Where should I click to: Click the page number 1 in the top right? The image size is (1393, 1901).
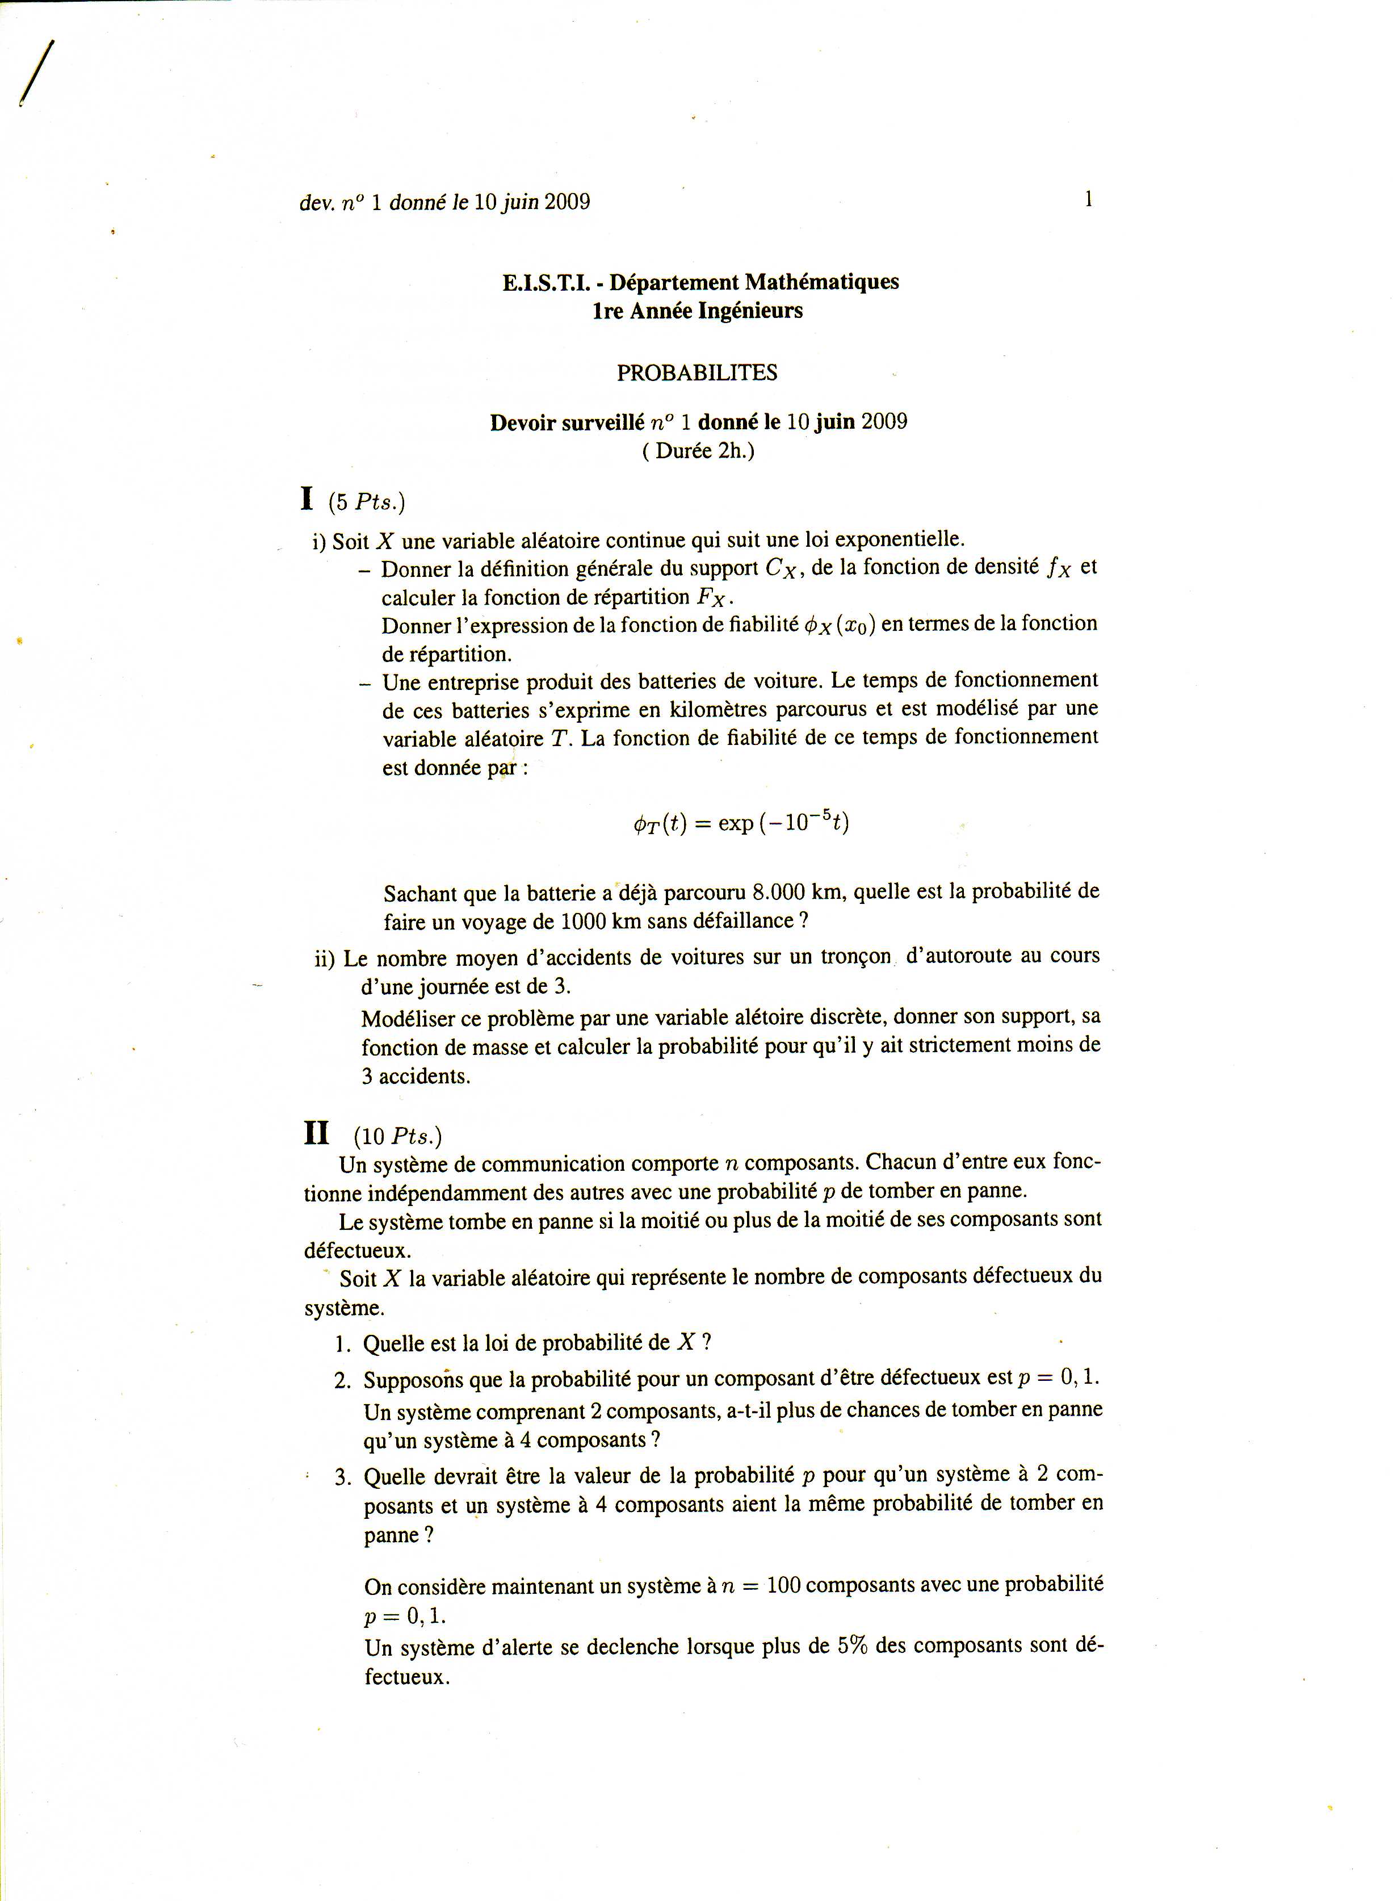1089,200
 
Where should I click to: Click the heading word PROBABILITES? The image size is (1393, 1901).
696,373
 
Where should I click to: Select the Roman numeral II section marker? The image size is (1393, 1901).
316,1133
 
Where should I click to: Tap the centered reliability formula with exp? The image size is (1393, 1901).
741,822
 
